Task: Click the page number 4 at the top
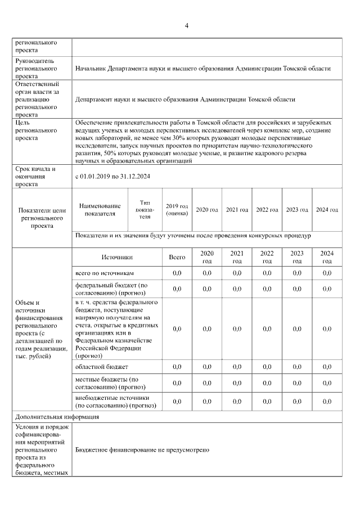click(186, 25)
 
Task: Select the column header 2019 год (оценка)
click(177, 210)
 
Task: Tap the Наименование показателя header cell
click(100, 210)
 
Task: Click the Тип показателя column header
click(145, 210)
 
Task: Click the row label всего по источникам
click(105, 273)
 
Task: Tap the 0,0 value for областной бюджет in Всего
click(177, 367)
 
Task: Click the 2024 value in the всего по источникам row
click(327, 273)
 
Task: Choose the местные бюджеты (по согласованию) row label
click(110, 384)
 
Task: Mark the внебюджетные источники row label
click(112, 401)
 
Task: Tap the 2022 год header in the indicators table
click(267, 210)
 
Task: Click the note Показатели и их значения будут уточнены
click(193, 236)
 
